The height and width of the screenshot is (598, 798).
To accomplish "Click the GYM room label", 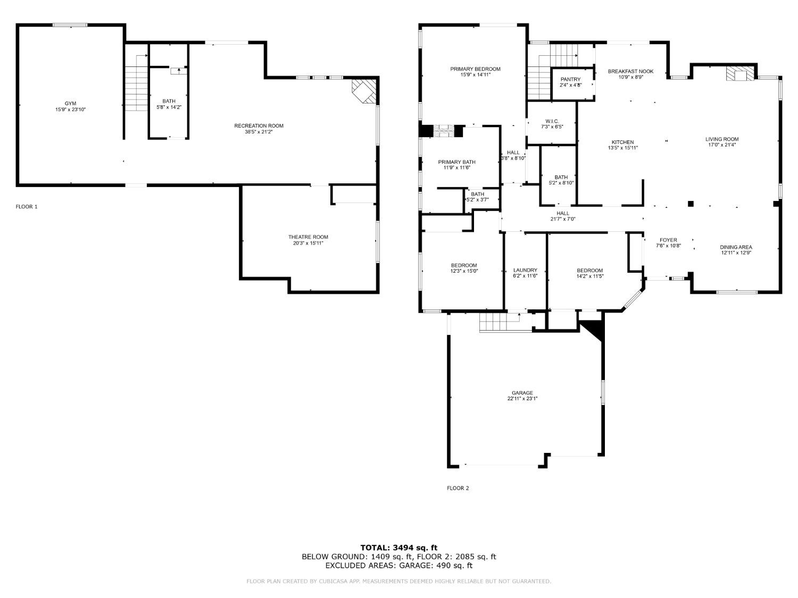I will tap(70, 103).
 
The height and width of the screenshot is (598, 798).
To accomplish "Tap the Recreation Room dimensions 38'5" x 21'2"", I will tap(259, 132).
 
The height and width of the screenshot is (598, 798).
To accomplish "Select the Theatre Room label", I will tap(308, 237).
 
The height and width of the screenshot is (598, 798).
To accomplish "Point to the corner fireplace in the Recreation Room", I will tap(365, 91).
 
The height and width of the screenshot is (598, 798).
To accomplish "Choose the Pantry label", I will tap(570, 79).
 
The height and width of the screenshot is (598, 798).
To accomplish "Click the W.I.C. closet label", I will tap(551, 121).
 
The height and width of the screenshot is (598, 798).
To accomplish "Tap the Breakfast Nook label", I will tap(630, 71).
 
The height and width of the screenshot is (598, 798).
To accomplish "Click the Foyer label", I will tap(668, 240).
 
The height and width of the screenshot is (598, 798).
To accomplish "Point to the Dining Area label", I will tap(736, 247).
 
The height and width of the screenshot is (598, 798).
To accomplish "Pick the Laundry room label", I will tap(525, 270).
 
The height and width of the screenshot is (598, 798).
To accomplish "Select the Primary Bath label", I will tap(456, 162).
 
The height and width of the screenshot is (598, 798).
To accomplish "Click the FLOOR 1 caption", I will tap(27, 207).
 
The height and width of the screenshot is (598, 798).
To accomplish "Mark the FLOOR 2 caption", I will tap(458, 488).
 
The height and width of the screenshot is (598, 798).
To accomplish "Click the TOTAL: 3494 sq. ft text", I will tap(398, 548).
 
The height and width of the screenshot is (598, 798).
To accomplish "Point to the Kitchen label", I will tap(622, 142).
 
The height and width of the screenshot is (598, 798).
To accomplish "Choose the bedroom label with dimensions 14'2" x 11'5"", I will tap(589, 271).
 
